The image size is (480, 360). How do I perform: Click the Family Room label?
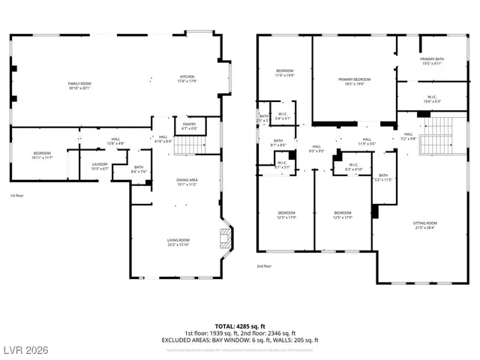pos(79,85)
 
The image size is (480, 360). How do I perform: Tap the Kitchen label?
pos(187,78)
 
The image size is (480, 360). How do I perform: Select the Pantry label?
pos(189,126)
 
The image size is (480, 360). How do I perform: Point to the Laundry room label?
pos(100,166)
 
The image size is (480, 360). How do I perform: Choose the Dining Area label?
pos(187,181)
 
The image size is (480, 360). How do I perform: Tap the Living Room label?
pos(178,241)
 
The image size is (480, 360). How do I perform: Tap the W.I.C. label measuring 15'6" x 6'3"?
pos(432,98)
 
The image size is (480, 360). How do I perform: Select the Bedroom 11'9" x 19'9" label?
pos(285,73)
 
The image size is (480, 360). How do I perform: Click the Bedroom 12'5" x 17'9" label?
pos(342,215)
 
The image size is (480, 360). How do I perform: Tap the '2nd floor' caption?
pos(265,265)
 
